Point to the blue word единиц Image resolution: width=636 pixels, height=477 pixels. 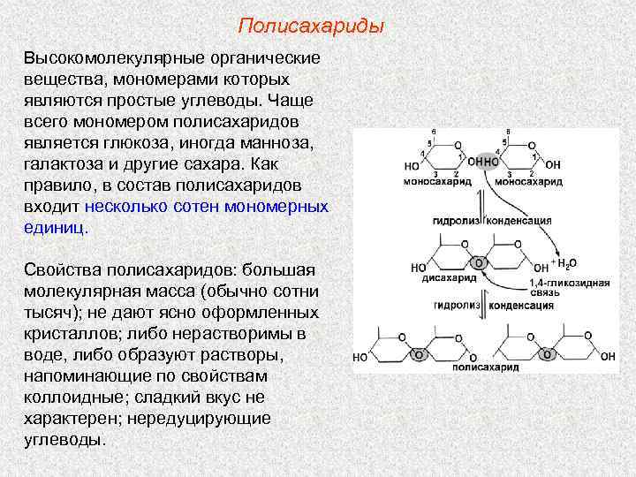click(55, 227)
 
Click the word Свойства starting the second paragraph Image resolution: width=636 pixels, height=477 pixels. click(64, 269)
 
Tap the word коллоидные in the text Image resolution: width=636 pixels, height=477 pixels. click(72, 397)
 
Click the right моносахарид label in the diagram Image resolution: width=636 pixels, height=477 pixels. click(528, 181)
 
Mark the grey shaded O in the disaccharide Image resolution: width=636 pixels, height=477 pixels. click(478, 263)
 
